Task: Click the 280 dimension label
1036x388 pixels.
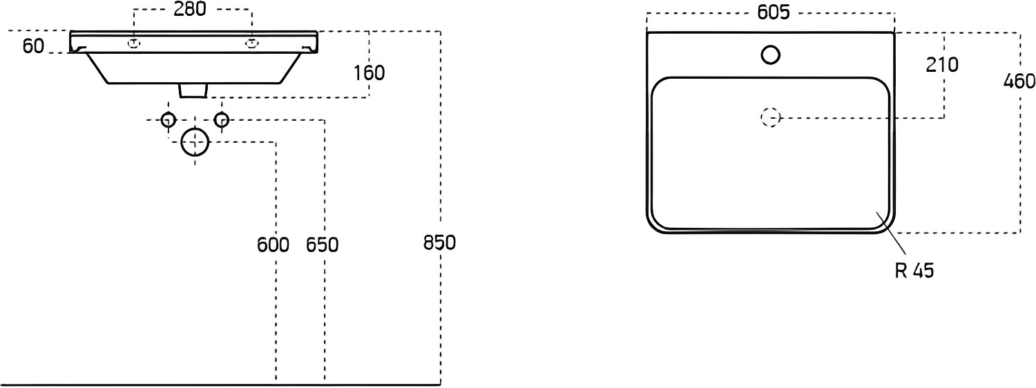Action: pyautogui.click(x=190, y=9)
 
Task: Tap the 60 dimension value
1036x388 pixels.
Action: pyautogui.click(x=33, y=46)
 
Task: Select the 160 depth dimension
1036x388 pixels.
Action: pyautogui.click(x=369, y=73)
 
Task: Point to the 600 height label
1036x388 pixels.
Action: pyautogui.click(x=273, y=244)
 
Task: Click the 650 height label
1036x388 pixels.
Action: pyautogui.click(x=323, y=244)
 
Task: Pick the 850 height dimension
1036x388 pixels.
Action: pyautogui.click(x=439, y=243)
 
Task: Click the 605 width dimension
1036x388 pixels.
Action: pyautogui.click(x=774, y=12)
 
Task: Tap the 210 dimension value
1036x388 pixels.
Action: pyautogui.click(x=942, y=65)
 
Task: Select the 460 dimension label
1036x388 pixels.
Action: pyautogui.click(x=1019, y=81)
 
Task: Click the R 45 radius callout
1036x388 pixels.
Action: pyautogui.click(x=914, y=271)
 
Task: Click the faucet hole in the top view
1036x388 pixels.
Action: pyautogui.click(x=771, y=55)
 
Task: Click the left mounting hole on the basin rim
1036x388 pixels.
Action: pyautogui.click(x=134, y=44)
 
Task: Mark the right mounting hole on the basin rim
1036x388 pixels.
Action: pyautogui.click(x=251, y=44)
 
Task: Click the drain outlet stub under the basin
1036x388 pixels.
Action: pyautogui.click(x=192, y=90)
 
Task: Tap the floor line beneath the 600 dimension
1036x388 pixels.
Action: pyautogui.click(x=220, y=384)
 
